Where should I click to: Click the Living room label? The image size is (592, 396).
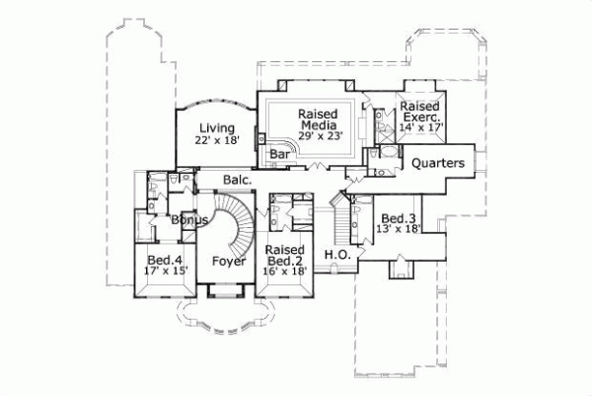coord(216,127)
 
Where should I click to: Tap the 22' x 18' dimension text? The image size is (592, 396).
coord(216,140)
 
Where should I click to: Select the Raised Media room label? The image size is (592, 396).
coord(319,119)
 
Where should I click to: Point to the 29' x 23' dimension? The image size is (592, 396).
coord(320,137)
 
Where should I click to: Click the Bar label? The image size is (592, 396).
coord(279,154)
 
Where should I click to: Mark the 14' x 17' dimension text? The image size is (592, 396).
coord(421,126)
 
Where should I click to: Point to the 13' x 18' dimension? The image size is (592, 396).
coord(399,229)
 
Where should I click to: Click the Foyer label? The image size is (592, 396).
coord(229,262)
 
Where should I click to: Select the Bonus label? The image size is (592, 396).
coord(187,220)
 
